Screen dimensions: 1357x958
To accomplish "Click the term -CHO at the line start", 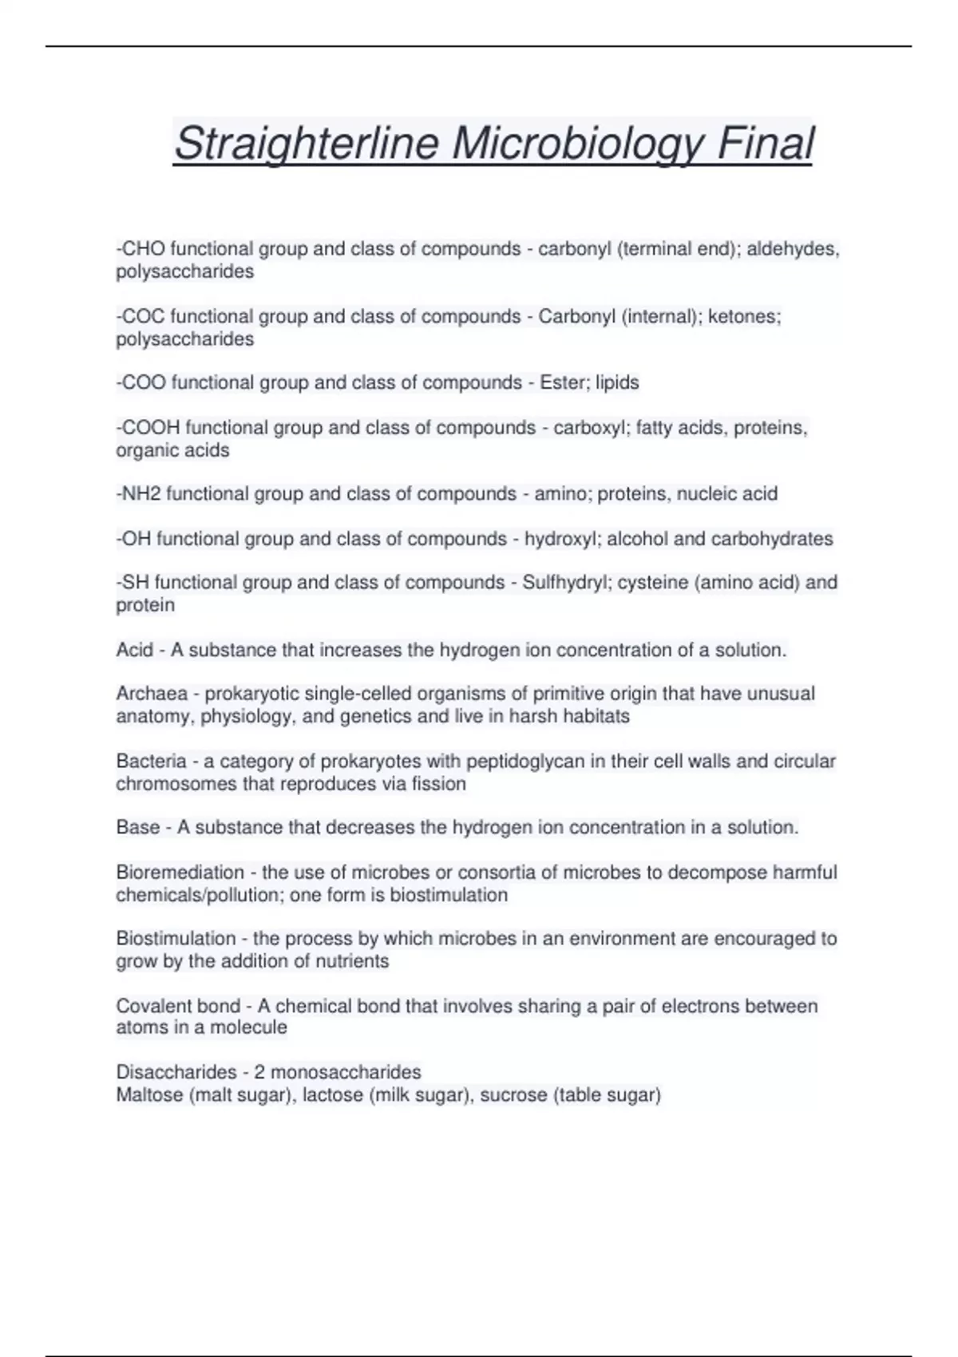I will point(141,249).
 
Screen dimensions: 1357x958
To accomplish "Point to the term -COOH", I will point(148,428).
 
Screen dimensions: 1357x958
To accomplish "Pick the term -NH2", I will point(138,494).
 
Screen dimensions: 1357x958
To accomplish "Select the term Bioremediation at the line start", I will point(180,872).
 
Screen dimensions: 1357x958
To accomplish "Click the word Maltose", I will point(149,1094).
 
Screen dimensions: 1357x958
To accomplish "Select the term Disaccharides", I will point(176,1072).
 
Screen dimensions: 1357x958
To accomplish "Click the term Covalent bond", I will point(178,1006).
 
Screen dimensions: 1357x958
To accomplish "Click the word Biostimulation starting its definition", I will point(176,939).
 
